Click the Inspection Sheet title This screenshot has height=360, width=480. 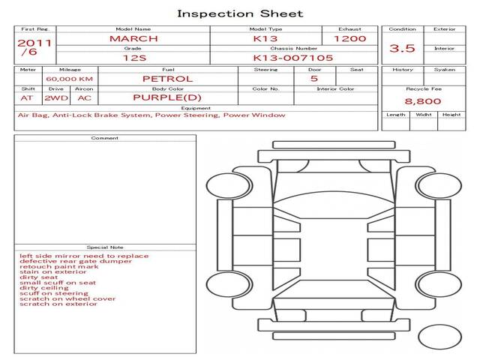click(240, 13)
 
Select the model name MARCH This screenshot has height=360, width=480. click(133, 38)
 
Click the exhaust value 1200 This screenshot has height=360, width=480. click(349, 38)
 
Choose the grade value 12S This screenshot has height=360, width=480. click(133, 56)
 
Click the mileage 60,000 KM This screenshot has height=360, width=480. click(69, 79)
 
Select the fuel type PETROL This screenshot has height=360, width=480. click(168, 79)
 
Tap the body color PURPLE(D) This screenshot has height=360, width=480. click(167, 97)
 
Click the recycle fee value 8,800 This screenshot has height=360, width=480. click(423, 101)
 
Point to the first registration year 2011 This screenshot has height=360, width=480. click(34, 43)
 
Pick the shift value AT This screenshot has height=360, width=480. click(27, 97)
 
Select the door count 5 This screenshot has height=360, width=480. click(313, 79)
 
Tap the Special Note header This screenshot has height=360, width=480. click(105, 247)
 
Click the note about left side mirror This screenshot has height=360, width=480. click(84, 256)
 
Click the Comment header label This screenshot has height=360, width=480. click(105, 138)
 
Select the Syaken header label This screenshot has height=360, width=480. click(444, 70)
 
